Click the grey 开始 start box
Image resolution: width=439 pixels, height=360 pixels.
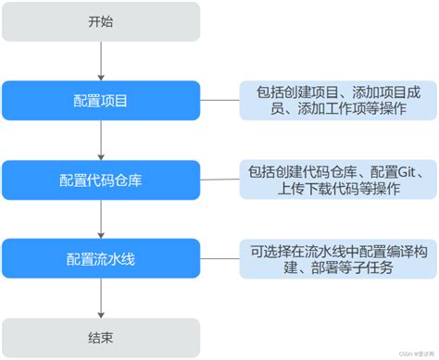(100, 21)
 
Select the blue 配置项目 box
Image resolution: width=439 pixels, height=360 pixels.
(100, 100)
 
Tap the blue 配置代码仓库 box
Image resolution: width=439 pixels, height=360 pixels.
(100, 179)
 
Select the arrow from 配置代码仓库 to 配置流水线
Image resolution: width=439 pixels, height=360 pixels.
(100, 218)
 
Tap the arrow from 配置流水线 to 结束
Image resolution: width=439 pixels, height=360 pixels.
(100, 294)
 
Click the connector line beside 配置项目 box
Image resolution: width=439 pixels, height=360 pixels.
(219, 100)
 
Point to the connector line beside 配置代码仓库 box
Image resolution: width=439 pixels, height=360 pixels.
(219, 179)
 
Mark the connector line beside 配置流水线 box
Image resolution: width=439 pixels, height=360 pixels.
(219, 258)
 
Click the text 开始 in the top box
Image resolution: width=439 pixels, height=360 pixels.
(100, 21)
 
